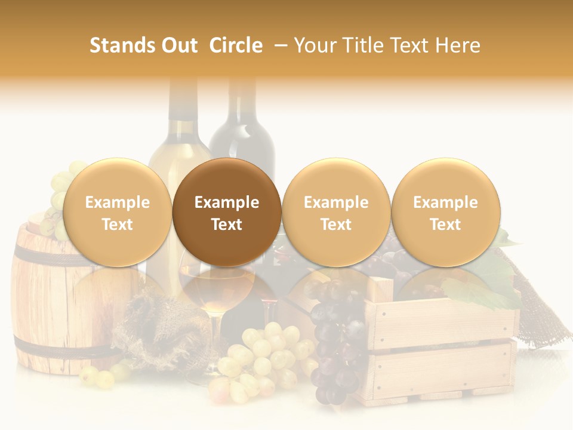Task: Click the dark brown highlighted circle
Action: [227, 212]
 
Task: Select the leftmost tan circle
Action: [117, 212]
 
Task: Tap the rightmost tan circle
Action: [445, 212]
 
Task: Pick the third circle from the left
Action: [336, 212]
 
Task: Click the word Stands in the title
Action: [122, 45]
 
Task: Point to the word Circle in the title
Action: [236, 45]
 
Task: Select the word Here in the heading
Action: [457, 45]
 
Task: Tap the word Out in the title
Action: [180, 45]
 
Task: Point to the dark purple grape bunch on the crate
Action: [337, 334]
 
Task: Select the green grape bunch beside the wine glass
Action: [263, 358]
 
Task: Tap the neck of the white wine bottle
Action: [182, 102]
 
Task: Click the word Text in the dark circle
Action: [227, 225]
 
